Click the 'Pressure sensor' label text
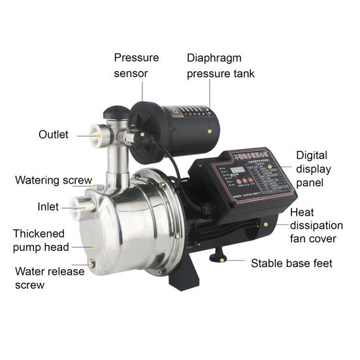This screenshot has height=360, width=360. tap(136, 65)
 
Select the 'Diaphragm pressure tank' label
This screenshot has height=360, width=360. tap(220, 65)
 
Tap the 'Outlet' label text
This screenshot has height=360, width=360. tap(53, 135)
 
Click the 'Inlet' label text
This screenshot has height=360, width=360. tap(48, 207)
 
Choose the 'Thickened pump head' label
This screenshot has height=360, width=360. tap(39, 240)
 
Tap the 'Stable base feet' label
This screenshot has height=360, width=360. tap(291, 263)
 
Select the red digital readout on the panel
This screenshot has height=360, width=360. tap(238, 172)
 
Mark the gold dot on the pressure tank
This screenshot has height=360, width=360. tap(209, 131)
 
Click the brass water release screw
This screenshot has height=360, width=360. tap(92, 263)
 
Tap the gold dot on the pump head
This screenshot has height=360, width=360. tap(94, 246)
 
